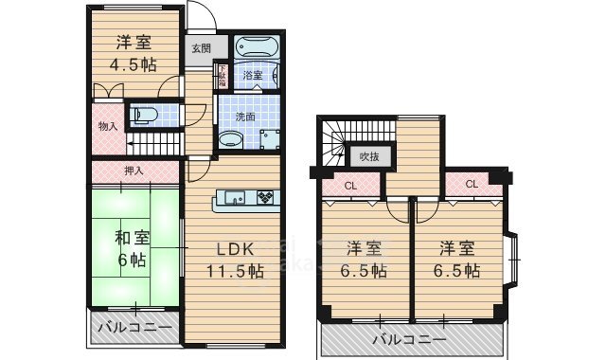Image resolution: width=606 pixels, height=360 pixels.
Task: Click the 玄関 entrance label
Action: click(x=201, y=47)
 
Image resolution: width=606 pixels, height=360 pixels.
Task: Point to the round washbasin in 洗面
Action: click(x=229, y=139)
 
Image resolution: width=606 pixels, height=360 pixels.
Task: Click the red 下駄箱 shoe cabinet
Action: click(x=222, y=76)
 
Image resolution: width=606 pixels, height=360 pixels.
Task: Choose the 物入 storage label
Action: click(x=107, y=126)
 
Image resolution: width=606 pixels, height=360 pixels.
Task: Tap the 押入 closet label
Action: click(x=134, y=171)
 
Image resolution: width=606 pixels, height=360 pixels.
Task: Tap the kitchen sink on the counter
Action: click(x=234, y=197)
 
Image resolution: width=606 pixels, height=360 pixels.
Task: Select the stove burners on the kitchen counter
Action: click(x=266, y=197)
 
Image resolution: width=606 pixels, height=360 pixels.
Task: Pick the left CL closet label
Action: click(x=349, y=186)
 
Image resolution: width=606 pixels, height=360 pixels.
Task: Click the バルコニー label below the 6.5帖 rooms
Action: click(x=408, y=337)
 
